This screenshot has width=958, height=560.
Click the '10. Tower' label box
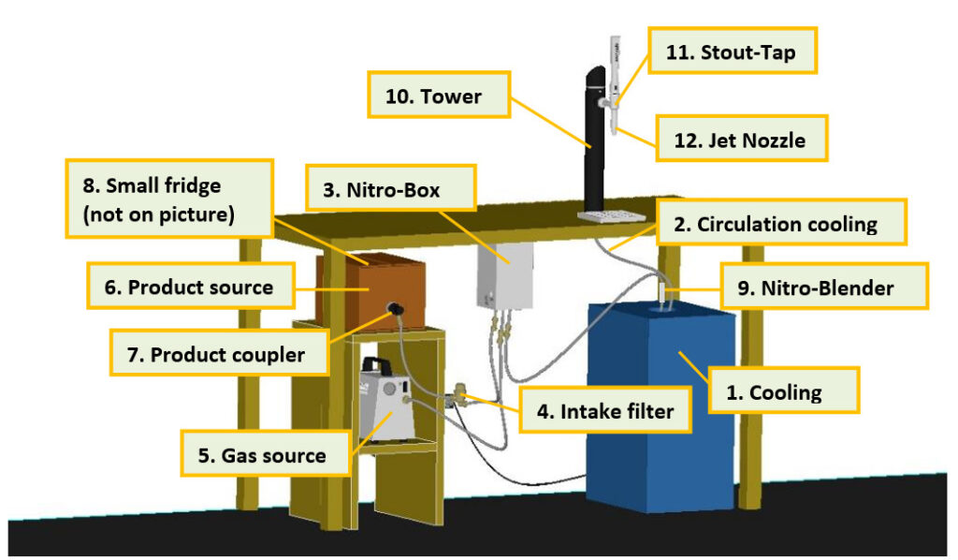tap(435, 96)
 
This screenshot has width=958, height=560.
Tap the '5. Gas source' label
tap(263, 456)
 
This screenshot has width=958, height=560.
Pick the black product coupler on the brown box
tap(397, 309)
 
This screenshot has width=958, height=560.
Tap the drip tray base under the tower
tap(613, 216)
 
